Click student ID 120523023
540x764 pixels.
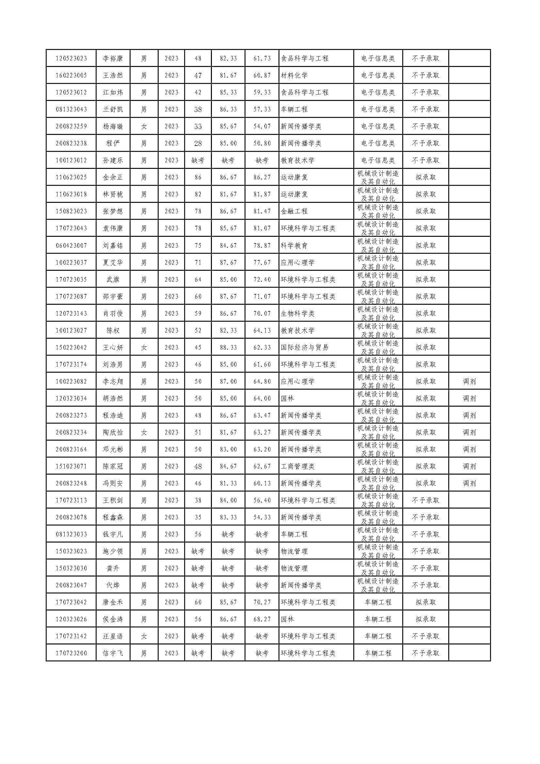point(71,58)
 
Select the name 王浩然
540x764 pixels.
point(113,75)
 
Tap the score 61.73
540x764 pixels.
point(262,58)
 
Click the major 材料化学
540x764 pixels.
point(294,75)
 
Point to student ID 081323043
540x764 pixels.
point(71,109)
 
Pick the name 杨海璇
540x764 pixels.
point(113,126)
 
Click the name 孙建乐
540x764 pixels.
point(113,160)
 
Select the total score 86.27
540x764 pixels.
point(262,177)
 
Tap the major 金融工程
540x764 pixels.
point(294,211)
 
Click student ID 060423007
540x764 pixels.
point(71,245)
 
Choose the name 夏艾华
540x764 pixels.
point(113,262)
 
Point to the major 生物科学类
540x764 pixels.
point(298,313)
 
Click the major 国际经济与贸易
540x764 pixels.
point(305,347)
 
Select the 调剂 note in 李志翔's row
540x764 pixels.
point(469,381)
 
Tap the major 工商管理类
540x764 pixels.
point(298,466)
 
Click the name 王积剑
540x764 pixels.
point(113,500)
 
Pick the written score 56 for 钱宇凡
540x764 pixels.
point(198,534)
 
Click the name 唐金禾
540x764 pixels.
point(113,602)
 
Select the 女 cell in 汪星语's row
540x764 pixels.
point(144,636)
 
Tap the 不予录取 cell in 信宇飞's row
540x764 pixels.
point(425,653)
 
